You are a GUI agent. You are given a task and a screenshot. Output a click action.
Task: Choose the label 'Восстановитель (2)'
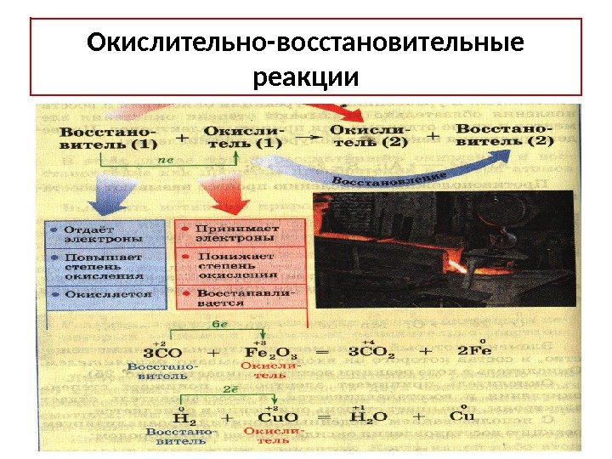point(505,134)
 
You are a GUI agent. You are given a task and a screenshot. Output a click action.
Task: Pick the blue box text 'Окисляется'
point(105,292)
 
